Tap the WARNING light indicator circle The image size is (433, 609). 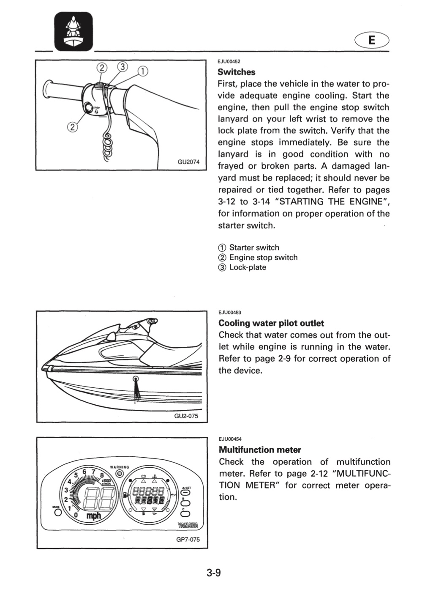tap(120, 473)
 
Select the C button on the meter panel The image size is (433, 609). tap(187, 513)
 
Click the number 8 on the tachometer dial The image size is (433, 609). tap(102, 475)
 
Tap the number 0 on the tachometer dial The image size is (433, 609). tap(76, 515)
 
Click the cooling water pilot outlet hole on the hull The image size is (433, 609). tap(136, 379)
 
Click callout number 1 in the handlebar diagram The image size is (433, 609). tap(143, 71)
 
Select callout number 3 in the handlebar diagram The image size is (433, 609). tap(123, 67)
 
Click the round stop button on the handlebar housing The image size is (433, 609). tap(88, 107)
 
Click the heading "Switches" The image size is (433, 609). tap(236, 72)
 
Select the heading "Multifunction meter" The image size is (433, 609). tap(260, 450)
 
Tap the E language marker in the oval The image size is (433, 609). tap(372, 41)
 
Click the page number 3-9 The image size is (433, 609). tap(214, 573)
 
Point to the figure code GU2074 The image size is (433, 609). tap(188, 162)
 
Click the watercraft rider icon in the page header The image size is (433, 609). tap(74, 31)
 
